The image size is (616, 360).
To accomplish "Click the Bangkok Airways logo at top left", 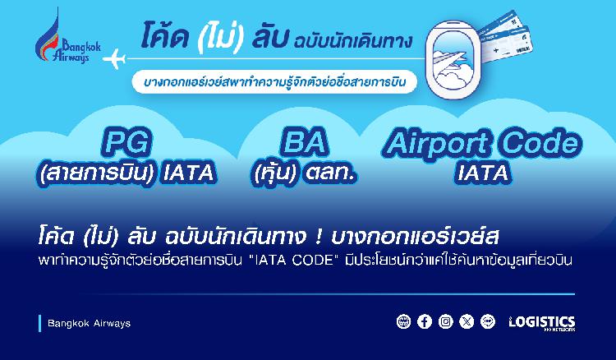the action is (67, 37).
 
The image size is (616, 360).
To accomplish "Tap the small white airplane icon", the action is (114, 59).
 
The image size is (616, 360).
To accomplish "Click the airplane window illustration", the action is (452, 59).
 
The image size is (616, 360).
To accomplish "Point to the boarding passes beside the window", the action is (504, 36).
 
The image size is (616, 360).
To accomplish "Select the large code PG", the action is (126, 142).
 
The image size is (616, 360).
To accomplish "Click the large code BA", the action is (304, 142).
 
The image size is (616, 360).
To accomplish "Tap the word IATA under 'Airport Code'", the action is (482, 173).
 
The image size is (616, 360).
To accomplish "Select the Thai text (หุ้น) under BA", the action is (274, 173).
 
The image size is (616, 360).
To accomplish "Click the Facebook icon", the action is (425, 321).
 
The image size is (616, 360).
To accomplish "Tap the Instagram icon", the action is (445, 321).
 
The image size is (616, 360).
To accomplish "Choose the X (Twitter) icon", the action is (467, 321).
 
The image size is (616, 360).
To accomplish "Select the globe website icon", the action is (403, 321).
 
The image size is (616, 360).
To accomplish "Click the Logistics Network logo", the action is (542, 323).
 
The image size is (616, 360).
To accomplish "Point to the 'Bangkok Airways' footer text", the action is (89, 324).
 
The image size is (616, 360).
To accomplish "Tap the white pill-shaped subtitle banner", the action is (274, 81).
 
